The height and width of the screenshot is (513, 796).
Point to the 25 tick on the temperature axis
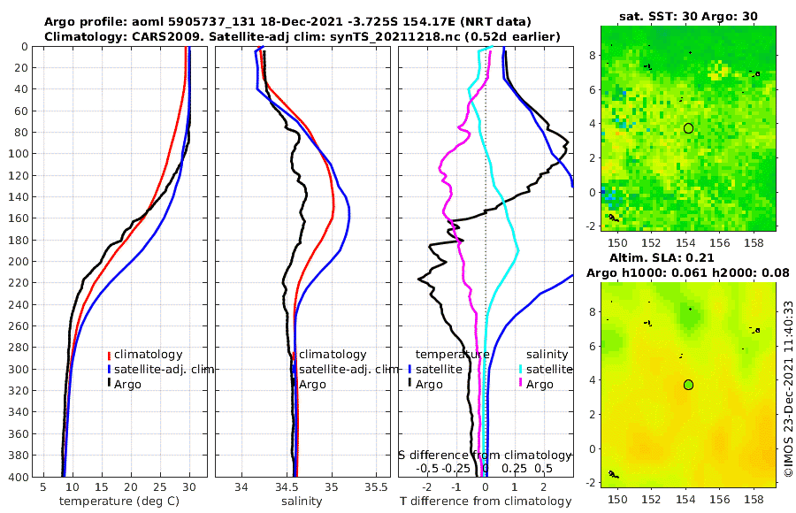coord(160,486)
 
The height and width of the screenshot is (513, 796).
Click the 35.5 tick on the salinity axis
coord(376,486)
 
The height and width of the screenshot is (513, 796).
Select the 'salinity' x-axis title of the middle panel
coord(301,502)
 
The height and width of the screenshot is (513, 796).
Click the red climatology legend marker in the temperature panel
coord(109,355)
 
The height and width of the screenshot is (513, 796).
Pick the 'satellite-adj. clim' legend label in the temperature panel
coord(161,369)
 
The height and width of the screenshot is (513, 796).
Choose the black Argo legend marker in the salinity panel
coord(294,384)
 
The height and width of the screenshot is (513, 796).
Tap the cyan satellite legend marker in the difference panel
coord(522,369)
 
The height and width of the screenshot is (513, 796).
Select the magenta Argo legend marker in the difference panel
coord(522,384)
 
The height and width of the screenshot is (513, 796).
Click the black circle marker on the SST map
coord(688,128)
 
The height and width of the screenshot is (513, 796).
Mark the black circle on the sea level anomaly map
coord(688,385)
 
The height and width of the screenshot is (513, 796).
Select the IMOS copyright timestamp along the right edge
coord(787,389)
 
